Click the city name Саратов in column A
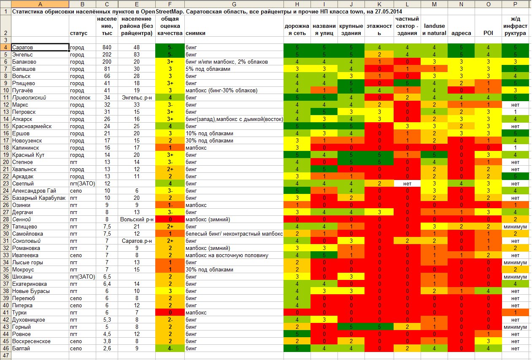[x=22, y=48]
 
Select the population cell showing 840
[x=107, y=48]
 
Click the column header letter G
[x=234, y=4]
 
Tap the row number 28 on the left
[x=6, y=219]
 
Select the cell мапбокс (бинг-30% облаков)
[x=221, y=90]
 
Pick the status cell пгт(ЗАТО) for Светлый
[x=82, y=184]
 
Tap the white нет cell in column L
[x=407, y=184]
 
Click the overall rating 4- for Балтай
[x=170, y=348]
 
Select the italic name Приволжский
[x=29, y=97]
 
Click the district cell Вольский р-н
[x=137, y=219]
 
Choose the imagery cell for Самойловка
[x=234, y=234]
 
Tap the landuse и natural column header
[x=434, y=30]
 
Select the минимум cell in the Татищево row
[x=515, y=227]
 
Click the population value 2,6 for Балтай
[x=107, y=348]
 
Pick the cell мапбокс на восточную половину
[x=227, y=255]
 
